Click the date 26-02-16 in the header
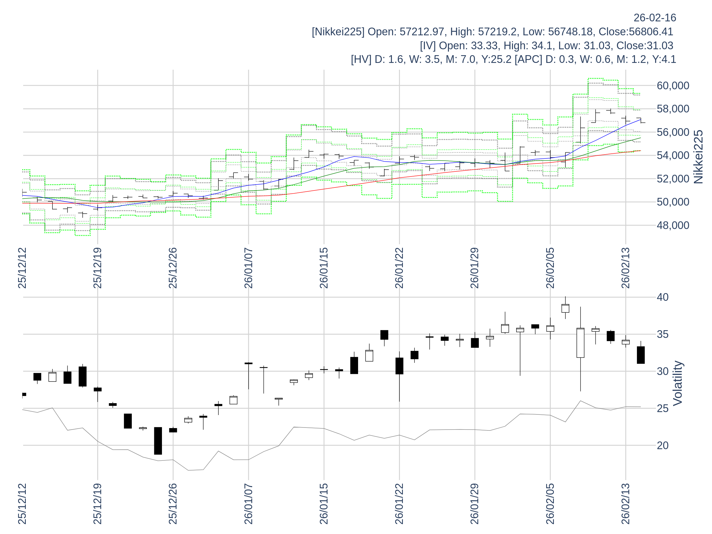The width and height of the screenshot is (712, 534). point(655,18)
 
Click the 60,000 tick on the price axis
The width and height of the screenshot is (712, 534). point(673,86)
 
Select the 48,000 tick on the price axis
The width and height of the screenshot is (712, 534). point(673,225)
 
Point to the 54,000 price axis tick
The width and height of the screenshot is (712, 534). point(673,155)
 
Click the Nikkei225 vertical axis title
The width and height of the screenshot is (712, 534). point(698,157)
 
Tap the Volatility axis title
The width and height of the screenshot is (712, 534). point(678,383)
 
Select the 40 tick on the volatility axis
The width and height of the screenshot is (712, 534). point(662,297)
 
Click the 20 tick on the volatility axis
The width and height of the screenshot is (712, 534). point(662,446)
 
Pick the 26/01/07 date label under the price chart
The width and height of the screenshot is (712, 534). point(249,268)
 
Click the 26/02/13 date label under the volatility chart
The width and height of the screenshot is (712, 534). point(625,504)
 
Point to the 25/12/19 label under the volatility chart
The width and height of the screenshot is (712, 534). point(98,504)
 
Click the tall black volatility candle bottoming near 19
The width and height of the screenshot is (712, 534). point(158,441)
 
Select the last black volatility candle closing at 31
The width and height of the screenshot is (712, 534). point(641,355)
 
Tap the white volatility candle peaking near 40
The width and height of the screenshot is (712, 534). point(565,308)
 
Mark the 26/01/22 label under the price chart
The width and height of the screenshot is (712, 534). point(399,268)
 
